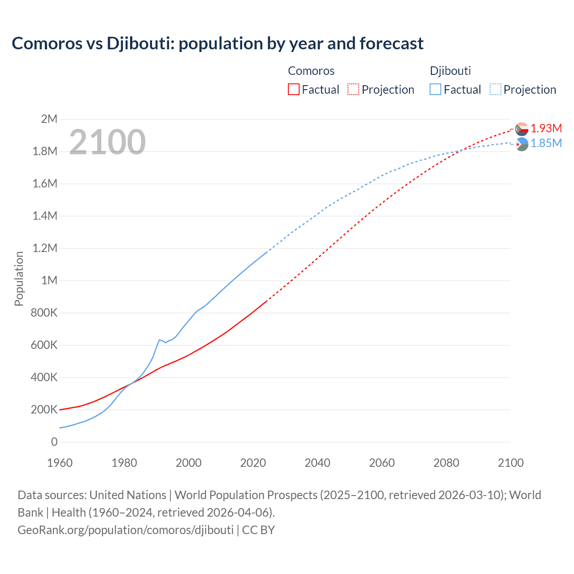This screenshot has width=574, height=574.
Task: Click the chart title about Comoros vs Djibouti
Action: pyautogui.click(x=217, y=43)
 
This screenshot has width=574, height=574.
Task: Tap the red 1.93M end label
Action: pyautogui.click(x=546, y=128)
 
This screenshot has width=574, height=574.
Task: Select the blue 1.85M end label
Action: pyautogui.click(x=546, y=143)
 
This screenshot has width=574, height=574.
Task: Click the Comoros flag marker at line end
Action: pyautogui.click(x=522, y=129)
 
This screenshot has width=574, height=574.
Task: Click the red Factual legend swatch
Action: pyautogui.click(x=294, y=90)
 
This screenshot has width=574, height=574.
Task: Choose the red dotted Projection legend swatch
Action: pyautogui.click(x=353, y=90)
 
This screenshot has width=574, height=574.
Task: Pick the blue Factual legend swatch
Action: pyautogui.click(x=435, y=90)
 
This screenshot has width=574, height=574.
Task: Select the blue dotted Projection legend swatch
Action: pyautogui.click(x=495, y=90)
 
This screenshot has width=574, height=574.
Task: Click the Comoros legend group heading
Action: pyautogui.click(x=311, y=71)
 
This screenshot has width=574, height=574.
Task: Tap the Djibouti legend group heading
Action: pyautogui.click(x=450, y=71)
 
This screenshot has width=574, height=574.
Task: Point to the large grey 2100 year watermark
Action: pyautogui.click(x=107, y=142)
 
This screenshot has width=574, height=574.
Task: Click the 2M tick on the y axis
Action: pyautogui.click(x=49, y=119)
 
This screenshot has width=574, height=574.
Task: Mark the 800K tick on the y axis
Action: pyautogui.click(x=44, y=313)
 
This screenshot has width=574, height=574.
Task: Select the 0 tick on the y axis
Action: pyautogui.click(x=54, y=442)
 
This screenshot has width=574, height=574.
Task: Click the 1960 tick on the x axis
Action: pyautogui.click(x=60, y=463)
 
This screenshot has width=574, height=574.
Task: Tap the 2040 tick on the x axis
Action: pyautogui.click(x=317, y=463)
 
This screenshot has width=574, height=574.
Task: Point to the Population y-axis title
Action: pyautogui.click(x=19, y=278)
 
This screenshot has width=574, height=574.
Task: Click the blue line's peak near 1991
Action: pyautogui.click(x=159, y=340)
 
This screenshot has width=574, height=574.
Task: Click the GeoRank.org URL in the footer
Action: pyautogui.click(x=126, y=530)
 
